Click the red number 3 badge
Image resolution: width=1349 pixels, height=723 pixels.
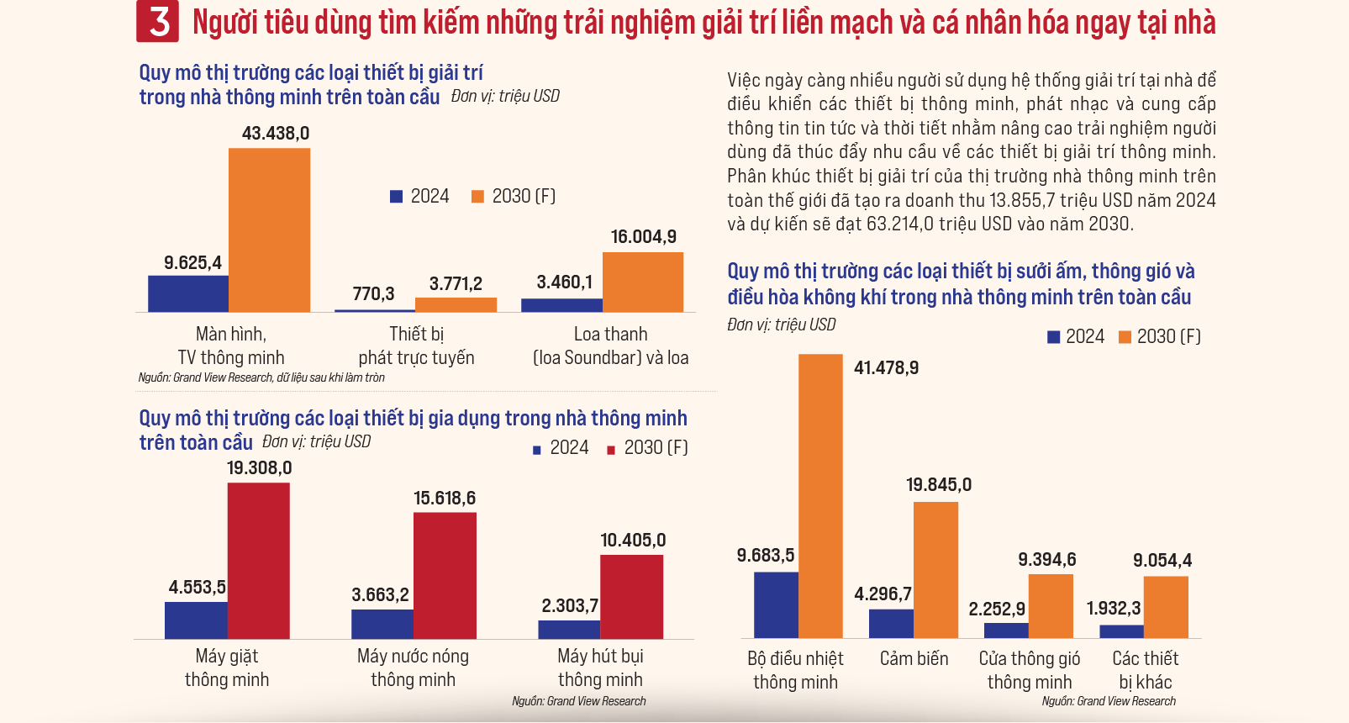point(158,22)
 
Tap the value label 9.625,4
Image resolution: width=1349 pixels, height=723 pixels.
point(192,263)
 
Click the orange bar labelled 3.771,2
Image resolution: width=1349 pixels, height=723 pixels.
point(456,304)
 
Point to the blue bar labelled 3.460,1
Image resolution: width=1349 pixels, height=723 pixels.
point(561,305)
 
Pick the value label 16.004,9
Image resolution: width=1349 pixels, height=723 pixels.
point(643,237)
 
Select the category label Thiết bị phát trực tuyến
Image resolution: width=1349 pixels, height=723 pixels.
point(416,346)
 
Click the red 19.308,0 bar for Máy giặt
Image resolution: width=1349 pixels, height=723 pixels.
point(258,561)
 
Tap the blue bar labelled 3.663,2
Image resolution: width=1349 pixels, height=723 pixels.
point(382,624)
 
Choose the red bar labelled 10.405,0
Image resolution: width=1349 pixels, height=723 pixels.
point(631,597)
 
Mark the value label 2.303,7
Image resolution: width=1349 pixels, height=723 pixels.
point(569,606)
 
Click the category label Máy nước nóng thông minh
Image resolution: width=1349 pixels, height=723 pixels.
point(413,668)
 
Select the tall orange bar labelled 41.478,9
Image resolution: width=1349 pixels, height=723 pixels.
point(820,496)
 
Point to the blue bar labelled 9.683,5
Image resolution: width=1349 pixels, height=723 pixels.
point(776,604)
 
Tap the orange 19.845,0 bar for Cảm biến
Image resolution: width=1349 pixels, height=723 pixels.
point(935,570)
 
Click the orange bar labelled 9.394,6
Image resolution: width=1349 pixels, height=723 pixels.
point(1051,606)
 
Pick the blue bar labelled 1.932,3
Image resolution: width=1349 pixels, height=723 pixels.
point(1121,631)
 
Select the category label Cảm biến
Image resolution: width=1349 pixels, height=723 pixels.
point(914,659)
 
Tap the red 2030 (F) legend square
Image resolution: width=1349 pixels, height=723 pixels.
point(611,450)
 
